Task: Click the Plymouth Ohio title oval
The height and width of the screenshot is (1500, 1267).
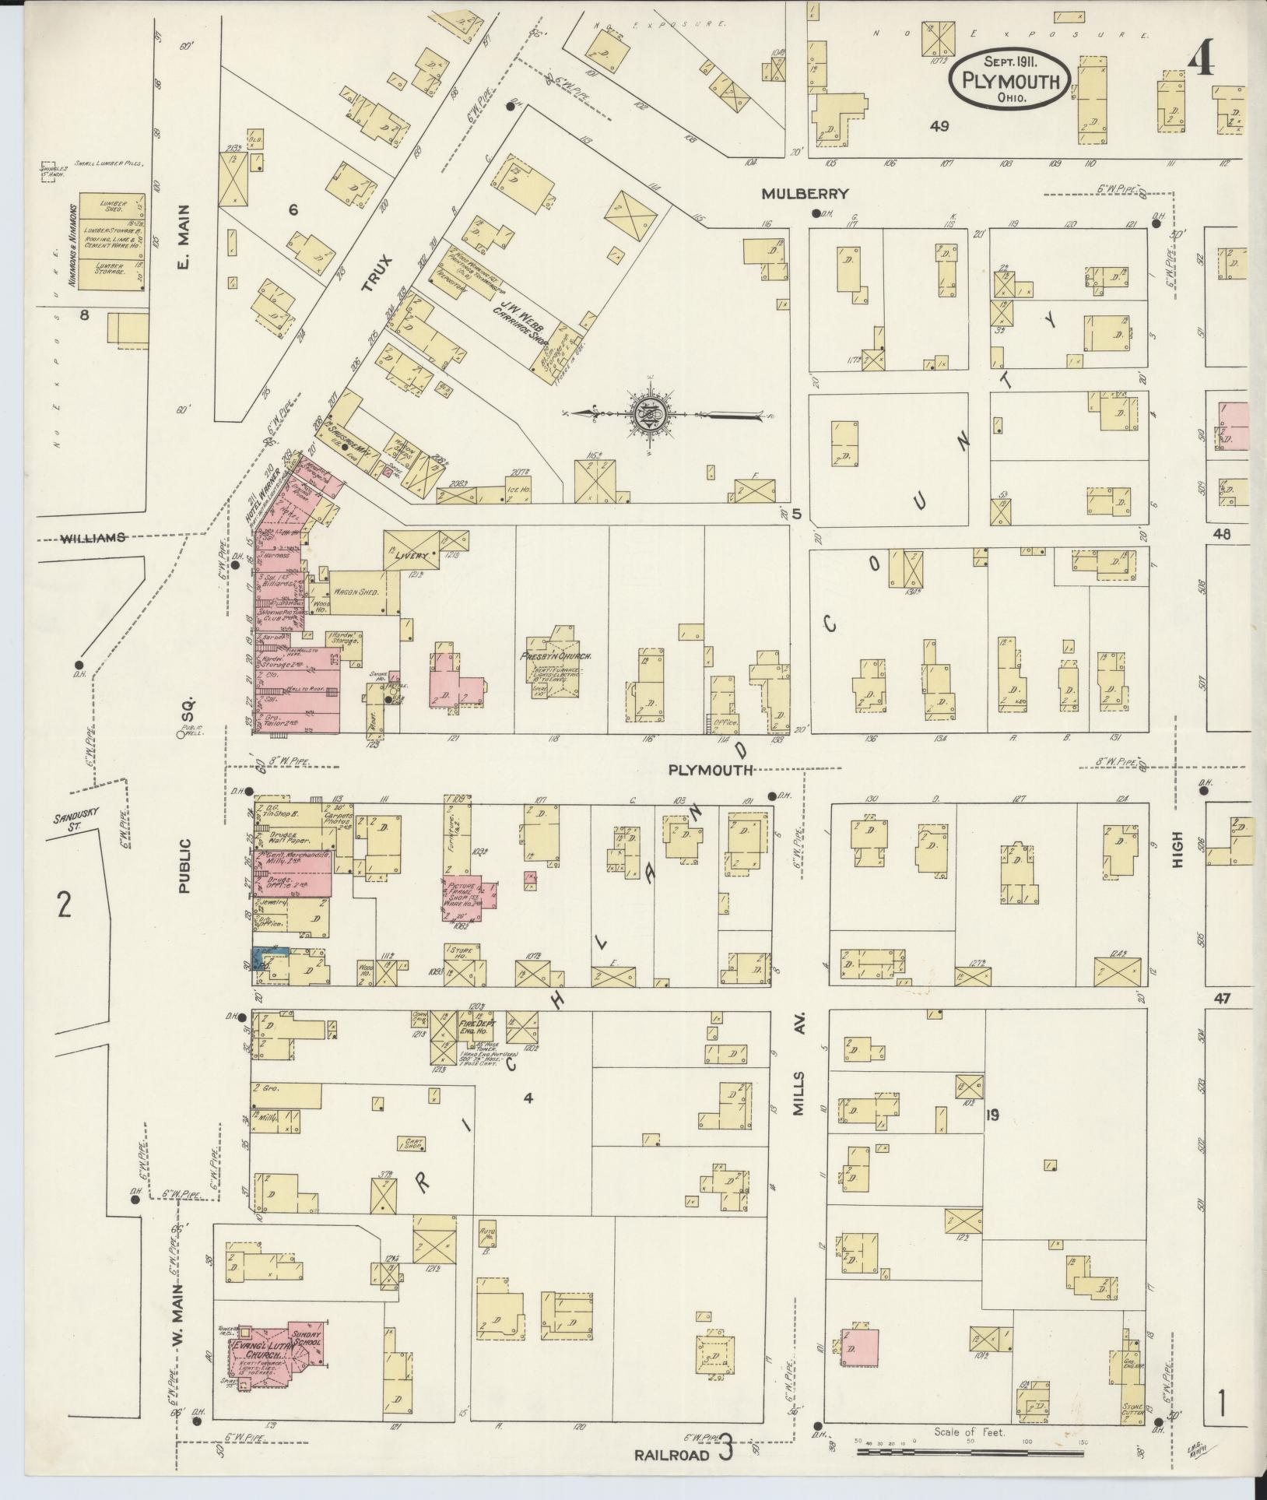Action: click(1009, 79)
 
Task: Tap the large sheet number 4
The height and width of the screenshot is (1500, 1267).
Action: click(1202, 57)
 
